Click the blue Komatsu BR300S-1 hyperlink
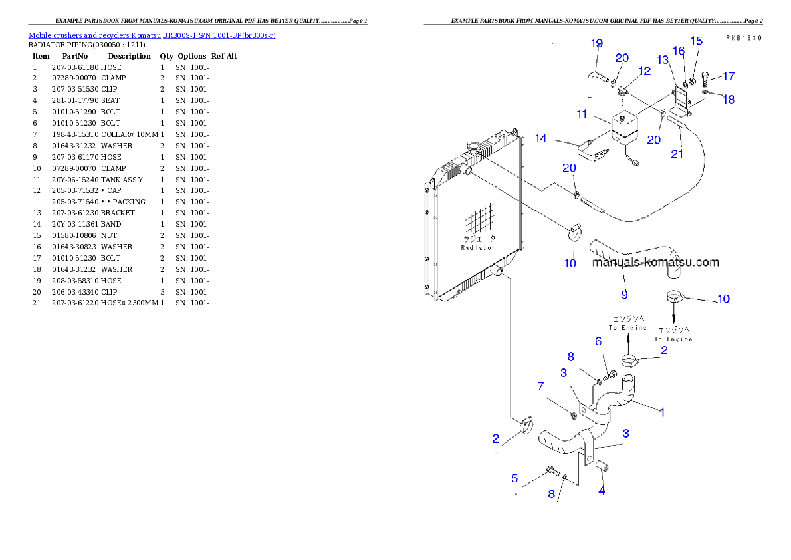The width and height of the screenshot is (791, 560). [152, 35]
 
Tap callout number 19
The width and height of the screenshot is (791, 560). [597, 43]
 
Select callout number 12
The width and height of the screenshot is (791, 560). [645, 70]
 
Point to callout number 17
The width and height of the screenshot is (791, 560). [729, 76]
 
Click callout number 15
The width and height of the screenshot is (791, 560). [696, 41]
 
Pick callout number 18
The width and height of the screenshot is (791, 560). [729, 100]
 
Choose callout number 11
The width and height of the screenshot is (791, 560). [582, 114]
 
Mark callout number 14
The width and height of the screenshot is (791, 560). [540, 138]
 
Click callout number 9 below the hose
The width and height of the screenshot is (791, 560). [624, 294]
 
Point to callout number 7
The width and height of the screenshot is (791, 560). [540, 386]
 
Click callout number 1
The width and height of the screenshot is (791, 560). [662, 412]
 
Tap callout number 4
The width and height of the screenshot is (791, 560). [602, 491]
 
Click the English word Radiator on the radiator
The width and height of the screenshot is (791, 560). [478, 247]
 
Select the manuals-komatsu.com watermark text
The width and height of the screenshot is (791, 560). [655, 262]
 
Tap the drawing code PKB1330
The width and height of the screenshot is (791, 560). [743, 38]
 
